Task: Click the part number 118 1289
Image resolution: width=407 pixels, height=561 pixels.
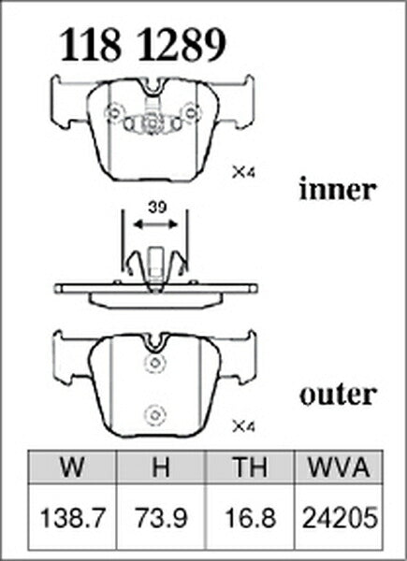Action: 143,46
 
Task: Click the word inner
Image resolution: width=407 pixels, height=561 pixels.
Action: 338,189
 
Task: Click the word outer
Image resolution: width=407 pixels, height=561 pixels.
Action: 339,395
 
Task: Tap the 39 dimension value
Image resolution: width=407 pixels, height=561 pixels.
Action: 157,208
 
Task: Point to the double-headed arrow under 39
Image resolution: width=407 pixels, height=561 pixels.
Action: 155,224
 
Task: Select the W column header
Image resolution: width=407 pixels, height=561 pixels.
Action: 72,467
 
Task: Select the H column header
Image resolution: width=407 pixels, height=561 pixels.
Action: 161,467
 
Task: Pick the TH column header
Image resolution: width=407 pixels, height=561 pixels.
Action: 250,467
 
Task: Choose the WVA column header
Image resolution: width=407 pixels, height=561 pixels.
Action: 339,467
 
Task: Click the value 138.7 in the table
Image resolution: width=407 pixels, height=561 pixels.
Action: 73,518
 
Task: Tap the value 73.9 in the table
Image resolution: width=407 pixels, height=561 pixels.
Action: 161,518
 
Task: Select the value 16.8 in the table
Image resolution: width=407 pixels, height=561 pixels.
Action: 250,518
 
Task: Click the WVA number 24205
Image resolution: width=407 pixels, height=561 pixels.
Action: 339,518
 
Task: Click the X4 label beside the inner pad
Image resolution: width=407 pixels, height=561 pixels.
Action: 243,173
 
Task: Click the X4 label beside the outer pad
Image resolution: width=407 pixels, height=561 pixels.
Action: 243,426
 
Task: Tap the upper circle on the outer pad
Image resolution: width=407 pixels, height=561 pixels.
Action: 154,363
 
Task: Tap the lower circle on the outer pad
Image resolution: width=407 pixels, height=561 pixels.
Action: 154,416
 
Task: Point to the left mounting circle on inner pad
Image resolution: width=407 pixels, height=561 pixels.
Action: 114,113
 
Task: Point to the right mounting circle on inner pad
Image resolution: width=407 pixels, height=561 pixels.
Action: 191,113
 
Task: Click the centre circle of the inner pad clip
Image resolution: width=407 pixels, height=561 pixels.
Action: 153,124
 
